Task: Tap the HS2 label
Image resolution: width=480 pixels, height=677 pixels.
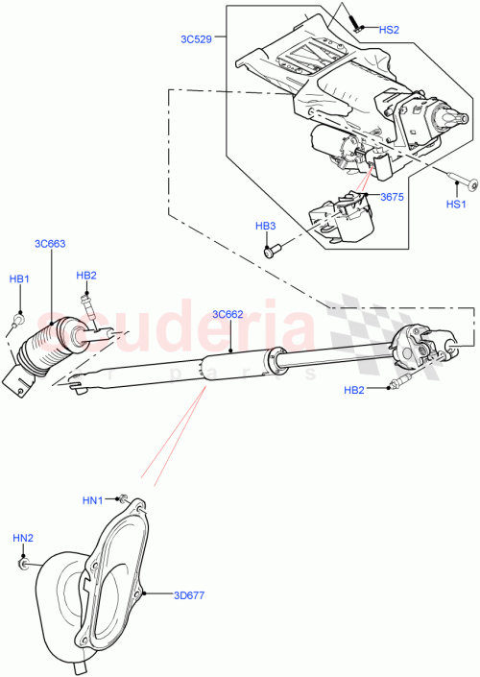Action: [x=388, y=30]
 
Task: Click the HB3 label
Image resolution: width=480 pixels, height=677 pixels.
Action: [x=265, y=226]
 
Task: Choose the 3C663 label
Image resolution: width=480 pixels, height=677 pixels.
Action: [x=50, y=243]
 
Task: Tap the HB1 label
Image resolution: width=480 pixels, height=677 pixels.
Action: [x=19, y=278]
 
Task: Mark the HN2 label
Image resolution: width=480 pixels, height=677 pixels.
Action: [x=23, y=537]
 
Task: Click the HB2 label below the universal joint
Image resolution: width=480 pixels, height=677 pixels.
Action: [x=355, y=389]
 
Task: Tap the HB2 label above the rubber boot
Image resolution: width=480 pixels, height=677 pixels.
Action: [x=86, y=277]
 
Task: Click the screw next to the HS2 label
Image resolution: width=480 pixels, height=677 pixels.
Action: [x=354, y=22]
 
